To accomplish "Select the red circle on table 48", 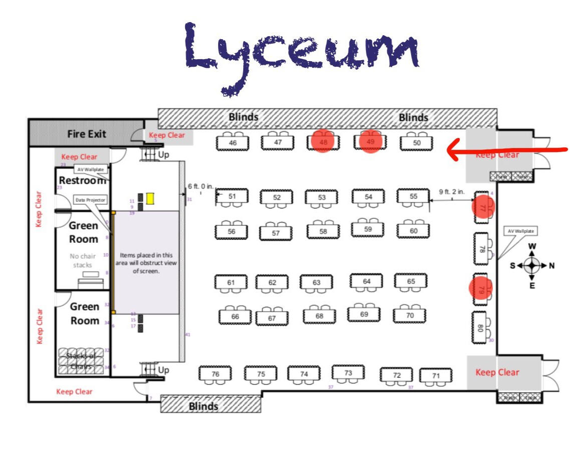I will click(322, 141).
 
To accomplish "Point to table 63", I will click(316, 283).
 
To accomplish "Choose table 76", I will click(216, 374).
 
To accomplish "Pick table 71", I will click(436, 376).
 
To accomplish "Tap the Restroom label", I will click(82, 180).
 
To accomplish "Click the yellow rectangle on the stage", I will click(150, 198).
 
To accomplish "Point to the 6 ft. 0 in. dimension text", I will click(201, 186).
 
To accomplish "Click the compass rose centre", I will click(532, 265).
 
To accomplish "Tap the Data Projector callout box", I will click(90, 200).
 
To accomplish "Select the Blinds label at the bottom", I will click(204, 406).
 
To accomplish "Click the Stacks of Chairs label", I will click(81, 360).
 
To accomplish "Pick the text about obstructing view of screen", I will click(146, 263).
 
